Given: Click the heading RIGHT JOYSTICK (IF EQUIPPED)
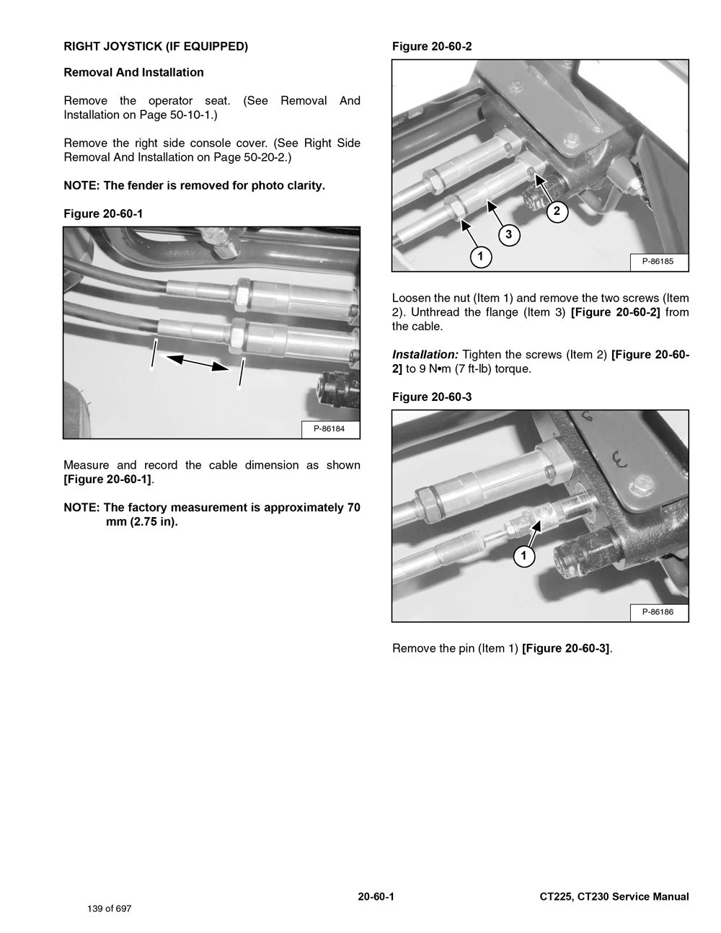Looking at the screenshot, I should (x=156, y=47).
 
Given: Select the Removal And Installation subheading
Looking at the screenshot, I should (x=133, y=73).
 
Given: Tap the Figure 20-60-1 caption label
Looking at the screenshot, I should (x=107, y=214).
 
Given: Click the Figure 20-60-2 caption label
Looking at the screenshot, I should (x=432, y=47).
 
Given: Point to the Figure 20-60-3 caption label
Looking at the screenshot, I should (x=432, y=397).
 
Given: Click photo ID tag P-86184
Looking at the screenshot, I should (x=329, y=429).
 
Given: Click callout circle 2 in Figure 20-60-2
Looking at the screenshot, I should (x=557, y=211).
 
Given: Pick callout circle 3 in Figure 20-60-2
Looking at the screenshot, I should (x=508, y=234).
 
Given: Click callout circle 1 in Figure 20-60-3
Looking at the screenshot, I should (x=524, y=556).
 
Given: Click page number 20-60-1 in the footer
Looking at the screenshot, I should (x=376, y=897).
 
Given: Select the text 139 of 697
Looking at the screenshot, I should (x=110, y=908).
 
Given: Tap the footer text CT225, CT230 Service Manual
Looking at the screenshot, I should (x=614, y=897).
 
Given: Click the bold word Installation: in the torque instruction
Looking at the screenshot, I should (x=425, y=355).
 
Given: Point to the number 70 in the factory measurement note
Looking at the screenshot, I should (x=353, y=508).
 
